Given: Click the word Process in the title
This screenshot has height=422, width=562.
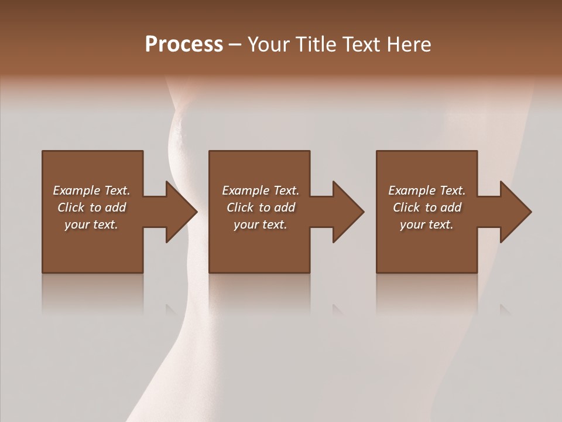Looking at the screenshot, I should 184,45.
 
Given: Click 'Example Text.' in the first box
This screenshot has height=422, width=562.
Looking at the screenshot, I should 91,190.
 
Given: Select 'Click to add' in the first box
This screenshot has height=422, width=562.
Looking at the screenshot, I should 91,207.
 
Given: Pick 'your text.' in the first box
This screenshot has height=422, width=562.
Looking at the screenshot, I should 91,224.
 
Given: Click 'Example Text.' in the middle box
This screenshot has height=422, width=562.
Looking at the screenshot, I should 261,190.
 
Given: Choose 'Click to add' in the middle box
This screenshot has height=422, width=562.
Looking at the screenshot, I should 261,207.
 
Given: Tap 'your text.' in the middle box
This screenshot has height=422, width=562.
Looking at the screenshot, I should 261,224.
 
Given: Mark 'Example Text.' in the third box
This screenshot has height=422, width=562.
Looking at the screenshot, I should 427,190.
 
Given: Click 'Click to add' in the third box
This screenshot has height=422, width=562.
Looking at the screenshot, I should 427,207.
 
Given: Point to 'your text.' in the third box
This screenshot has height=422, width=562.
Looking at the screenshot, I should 427,224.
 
